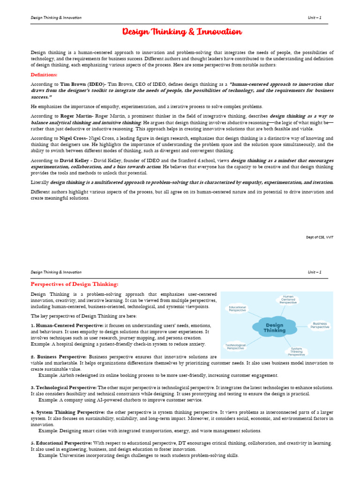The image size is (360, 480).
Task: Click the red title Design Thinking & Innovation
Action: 182,32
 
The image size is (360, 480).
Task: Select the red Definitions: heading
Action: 44,75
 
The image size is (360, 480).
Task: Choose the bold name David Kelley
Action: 75,160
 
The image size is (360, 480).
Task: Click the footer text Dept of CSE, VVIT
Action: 320,237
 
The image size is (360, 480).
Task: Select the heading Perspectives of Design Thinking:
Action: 75,284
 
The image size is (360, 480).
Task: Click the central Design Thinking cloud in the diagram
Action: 275,327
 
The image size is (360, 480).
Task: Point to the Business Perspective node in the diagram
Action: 320,325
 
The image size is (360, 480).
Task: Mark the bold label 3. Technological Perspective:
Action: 64,388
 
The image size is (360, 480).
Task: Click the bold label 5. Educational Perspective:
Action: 61,443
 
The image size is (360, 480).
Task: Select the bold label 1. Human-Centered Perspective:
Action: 67,325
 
